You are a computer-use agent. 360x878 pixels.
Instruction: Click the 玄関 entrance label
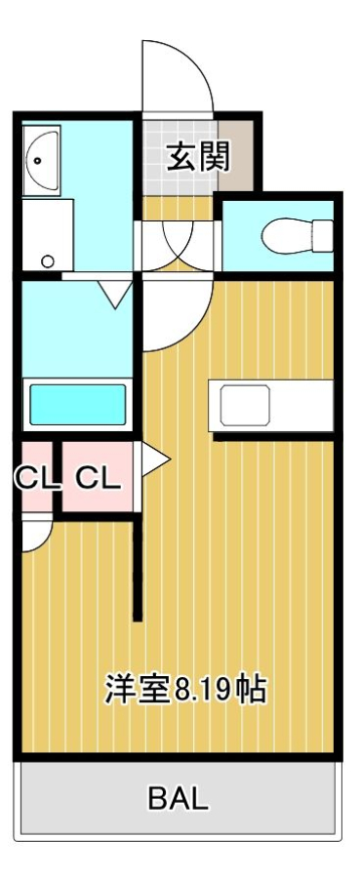(x=199, y=157)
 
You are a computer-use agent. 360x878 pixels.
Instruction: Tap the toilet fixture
(x=298, y=236)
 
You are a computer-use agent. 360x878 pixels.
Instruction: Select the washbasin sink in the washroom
(x=41, y=160)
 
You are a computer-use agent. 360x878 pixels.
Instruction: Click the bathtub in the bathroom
(x=77, y=404)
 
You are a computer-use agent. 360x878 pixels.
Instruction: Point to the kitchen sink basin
(x=245, y=406)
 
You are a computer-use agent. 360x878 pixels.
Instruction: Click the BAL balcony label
(x=178, y=798)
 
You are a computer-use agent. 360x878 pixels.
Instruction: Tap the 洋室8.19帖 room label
(x=185, y=689)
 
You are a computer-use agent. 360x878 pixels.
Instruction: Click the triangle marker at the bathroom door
(x=116, y=294)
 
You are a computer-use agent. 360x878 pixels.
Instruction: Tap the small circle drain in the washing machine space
(x=48, y=260)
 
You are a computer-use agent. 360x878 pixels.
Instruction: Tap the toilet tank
(x=323, y=236)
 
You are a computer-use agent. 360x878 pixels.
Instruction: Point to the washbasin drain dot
(x=37, y=161)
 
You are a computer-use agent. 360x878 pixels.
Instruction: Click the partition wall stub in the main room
(x=138, y=570)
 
